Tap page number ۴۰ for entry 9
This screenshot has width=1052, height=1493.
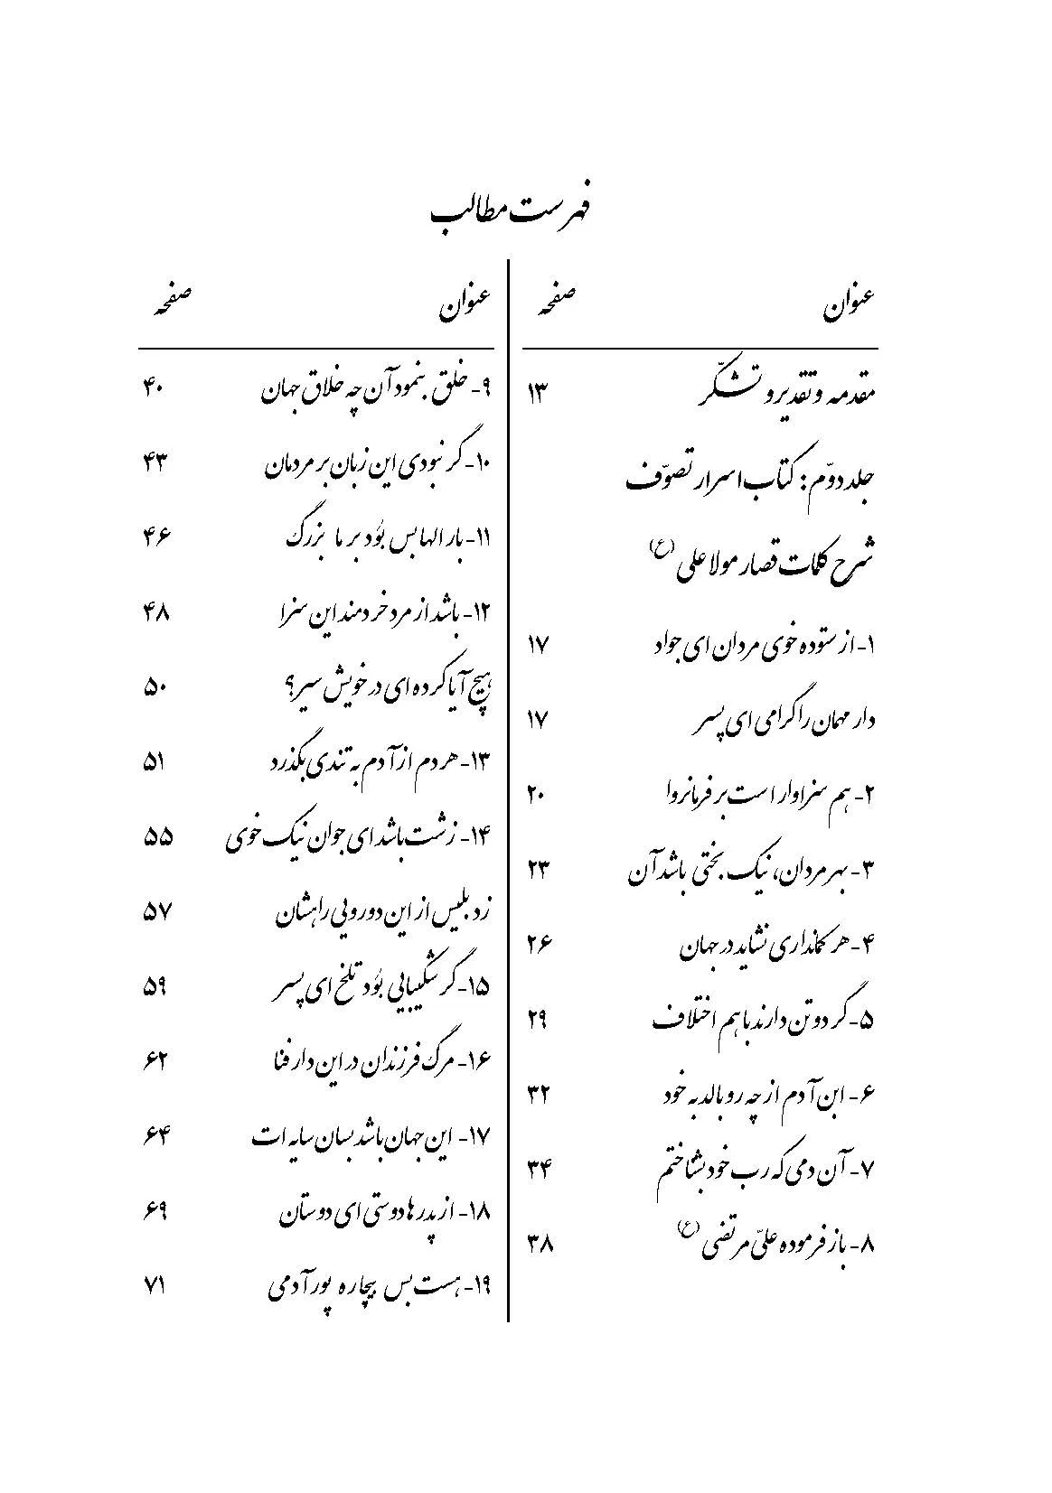coord(151,389)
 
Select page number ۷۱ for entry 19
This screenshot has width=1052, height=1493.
coord(151,1287)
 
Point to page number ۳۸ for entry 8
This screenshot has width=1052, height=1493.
coord(539,1244)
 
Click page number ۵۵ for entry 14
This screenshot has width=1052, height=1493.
coord(157,837)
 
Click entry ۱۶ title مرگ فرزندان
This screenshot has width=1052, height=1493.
coord(380,1061)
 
